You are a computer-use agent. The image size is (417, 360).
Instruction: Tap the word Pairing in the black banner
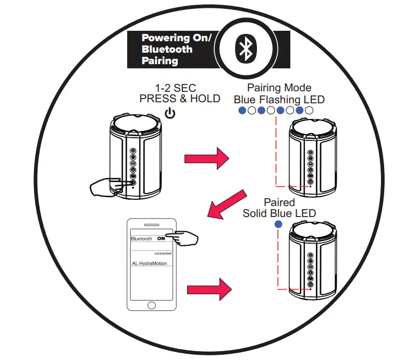tap(160, 61)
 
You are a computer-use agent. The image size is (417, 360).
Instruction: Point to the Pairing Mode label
tap(279, 88)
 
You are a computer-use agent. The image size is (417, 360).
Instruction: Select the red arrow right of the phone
tap(208, 288)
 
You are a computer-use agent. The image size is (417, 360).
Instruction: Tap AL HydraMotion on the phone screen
tap(150, 263)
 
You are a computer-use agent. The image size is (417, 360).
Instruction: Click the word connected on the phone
tap(163, 253)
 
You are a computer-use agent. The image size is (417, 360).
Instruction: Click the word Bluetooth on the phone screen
tap(141, 238)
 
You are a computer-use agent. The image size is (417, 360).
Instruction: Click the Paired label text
tap(279, 202)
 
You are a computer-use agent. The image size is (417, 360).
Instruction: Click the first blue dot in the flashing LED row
tap(242, 111)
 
